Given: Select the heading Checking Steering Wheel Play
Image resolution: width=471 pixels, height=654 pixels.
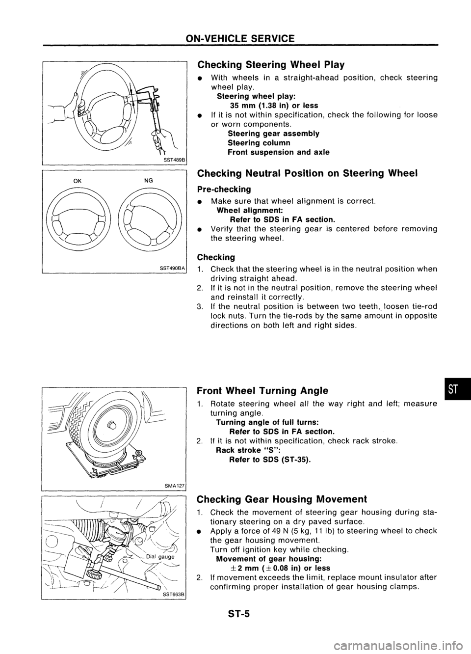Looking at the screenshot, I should [x=270, y=65].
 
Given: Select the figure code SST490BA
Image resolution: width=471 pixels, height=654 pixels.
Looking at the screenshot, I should [x=169, y=268].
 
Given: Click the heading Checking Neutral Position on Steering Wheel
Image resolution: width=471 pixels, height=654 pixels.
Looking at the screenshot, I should [x=307, y=173].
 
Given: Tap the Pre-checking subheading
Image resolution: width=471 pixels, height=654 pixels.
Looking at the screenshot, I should [x=224, y=189].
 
